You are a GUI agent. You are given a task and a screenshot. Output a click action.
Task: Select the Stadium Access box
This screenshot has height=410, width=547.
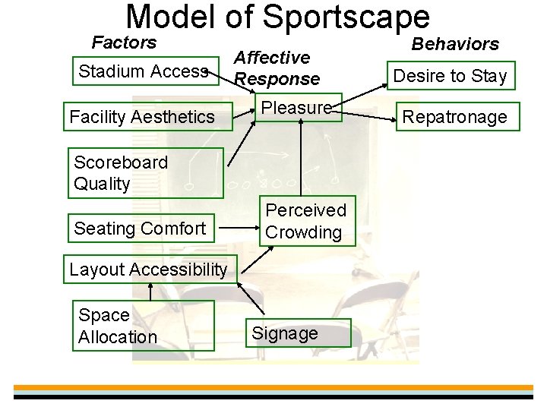[144, 71]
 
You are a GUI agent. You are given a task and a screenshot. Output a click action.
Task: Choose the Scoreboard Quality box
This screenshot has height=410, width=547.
[145, 172]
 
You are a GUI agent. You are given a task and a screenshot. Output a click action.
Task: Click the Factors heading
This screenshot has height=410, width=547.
[124, 43]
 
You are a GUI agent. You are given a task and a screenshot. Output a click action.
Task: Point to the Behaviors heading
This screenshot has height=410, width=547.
[455, 44]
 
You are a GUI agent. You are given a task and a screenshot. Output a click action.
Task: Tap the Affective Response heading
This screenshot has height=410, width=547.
[277, 68]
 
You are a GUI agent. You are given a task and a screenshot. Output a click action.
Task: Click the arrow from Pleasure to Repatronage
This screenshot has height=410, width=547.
[365, 114]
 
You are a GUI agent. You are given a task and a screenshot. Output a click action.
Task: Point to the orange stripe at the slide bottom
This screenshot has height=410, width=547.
[273, 387]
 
